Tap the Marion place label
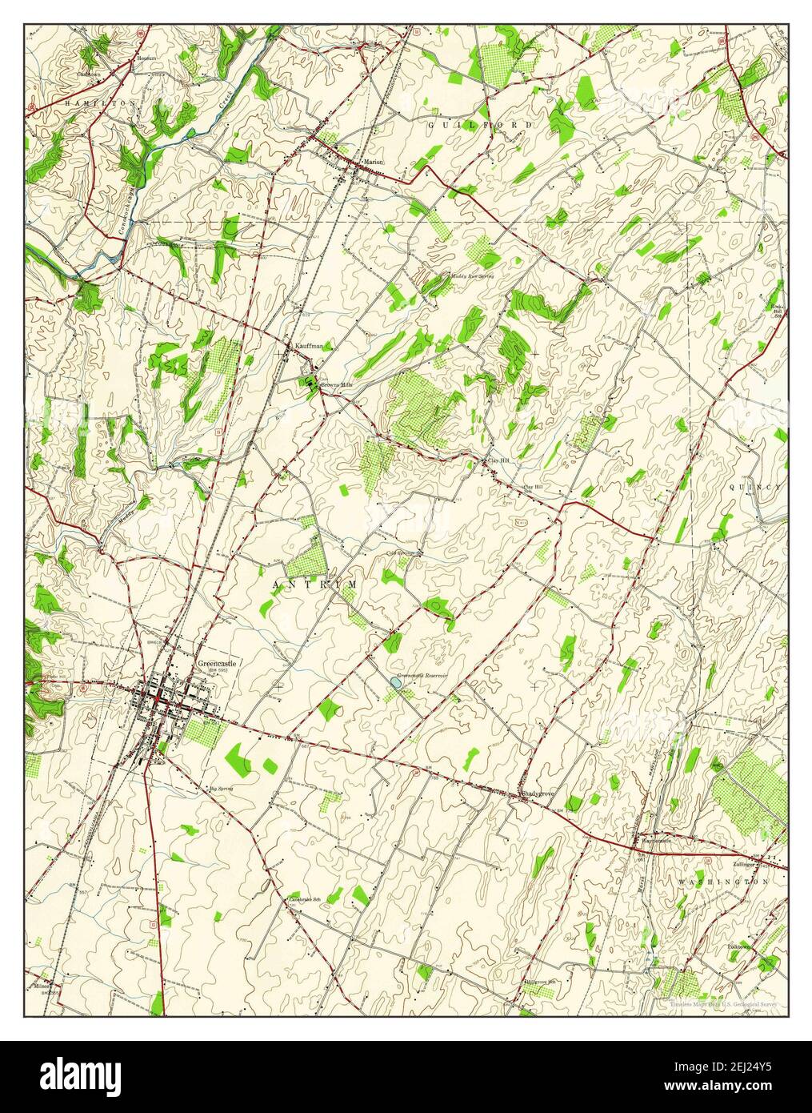[374, 162]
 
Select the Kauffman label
[309, 346]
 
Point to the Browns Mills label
[337, 384]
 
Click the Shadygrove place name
[538, 794]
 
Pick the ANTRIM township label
[315, 585]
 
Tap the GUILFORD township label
[479, 126]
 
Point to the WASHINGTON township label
[723, 881]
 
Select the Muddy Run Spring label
[471, 275]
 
